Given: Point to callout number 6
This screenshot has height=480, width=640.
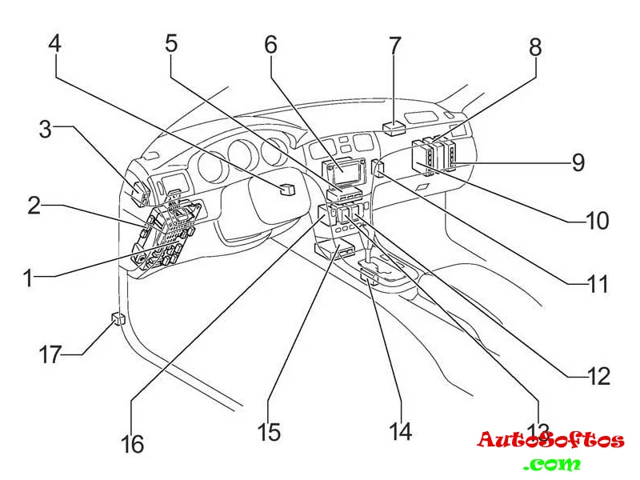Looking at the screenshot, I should click(x=271, y=45).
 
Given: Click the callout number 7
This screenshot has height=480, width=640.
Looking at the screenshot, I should click(x=395, y=45).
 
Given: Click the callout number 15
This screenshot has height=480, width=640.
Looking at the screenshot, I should click(x=270, y=432).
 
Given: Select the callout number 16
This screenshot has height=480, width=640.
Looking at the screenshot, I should click(x=132, y=442).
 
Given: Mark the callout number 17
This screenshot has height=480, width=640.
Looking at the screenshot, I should click(x=50, y=354).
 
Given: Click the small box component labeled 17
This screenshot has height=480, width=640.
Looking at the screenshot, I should click(x=118, y=320).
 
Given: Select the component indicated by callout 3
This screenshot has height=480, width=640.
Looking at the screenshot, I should click(x=138, y=192).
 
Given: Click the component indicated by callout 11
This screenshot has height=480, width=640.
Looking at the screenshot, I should click(x=378, y=169).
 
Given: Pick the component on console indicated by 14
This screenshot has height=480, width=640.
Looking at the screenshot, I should click(x=370, y=277).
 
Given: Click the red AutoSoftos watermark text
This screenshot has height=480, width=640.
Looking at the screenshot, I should click(x=550, y=440).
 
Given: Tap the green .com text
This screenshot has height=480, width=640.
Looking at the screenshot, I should click(x=553, y=463).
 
